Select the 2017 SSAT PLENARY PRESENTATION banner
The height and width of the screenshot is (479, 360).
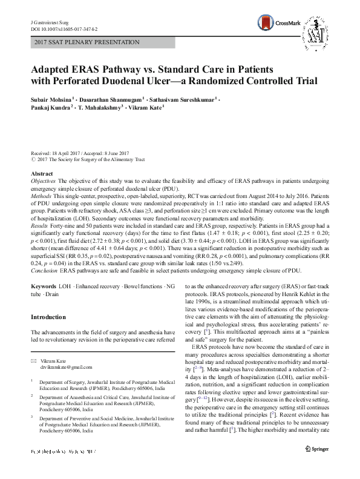tap(87, 42)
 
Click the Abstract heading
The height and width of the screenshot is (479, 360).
tap(41, 174)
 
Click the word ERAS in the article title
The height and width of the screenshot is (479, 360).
tap(96, 68)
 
